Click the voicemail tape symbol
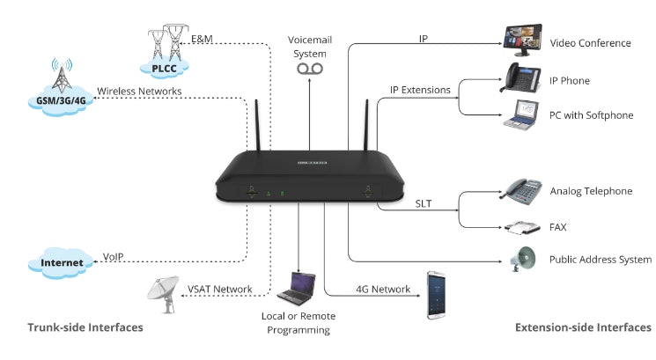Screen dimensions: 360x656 (x=309, y=68)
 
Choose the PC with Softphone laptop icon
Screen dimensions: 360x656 (x=523, y=115)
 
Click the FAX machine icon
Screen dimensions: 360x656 (x=522, y=227)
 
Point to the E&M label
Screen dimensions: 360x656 (x=202, y=39)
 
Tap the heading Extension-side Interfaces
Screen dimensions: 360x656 (x=582, y=327)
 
